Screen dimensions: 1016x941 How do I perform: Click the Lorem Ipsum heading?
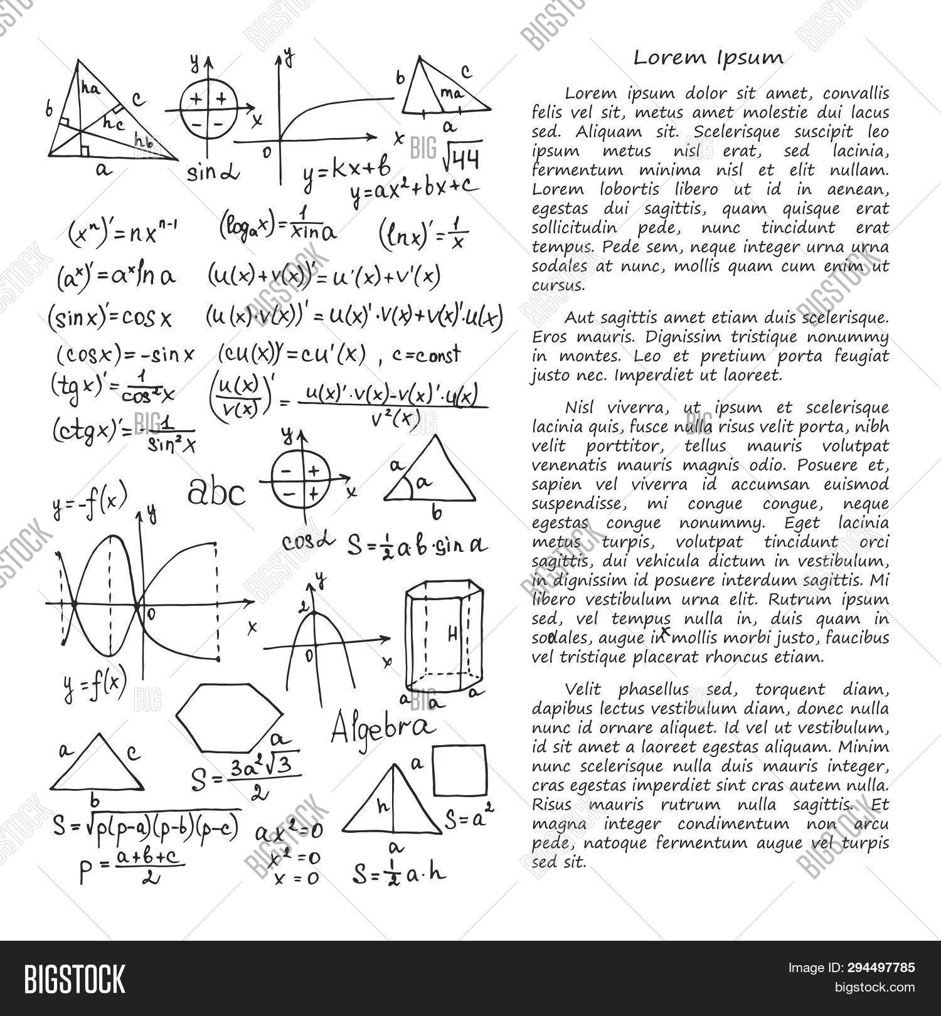(708, 58)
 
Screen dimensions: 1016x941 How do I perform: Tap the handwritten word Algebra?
(382, 726)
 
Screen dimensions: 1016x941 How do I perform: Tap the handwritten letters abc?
(216, 493)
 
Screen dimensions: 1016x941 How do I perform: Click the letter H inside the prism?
(453, 635)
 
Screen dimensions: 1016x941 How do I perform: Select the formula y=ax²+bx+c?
(415, 189)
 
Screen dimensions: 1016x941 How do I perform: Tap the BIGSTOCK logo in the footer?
(75, 978)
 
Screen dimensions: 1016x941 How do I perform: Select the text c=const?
(427, 355)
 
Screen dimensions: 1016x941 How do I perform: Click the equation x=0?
(297, 878)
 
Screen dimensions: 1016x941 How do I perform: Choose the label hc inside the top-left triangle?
(114, 124)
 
